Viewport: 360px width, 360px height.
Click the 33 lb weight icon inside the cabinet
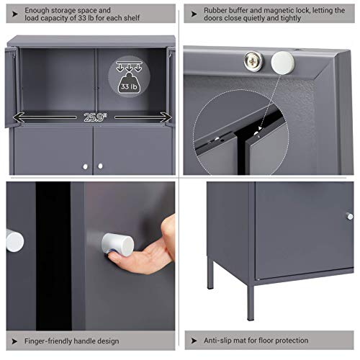[x=128, y=79]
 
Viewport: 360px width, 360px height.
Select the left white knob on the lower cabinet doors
[x=86, y=166]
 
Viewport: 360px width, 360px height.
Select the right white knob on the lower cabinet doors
[x=100, y=166]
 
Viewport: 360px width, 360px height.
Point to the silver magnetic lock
[x=253, y=61]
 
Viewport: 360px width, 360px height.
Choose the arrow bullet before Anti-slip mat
[x=195, y=339]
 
